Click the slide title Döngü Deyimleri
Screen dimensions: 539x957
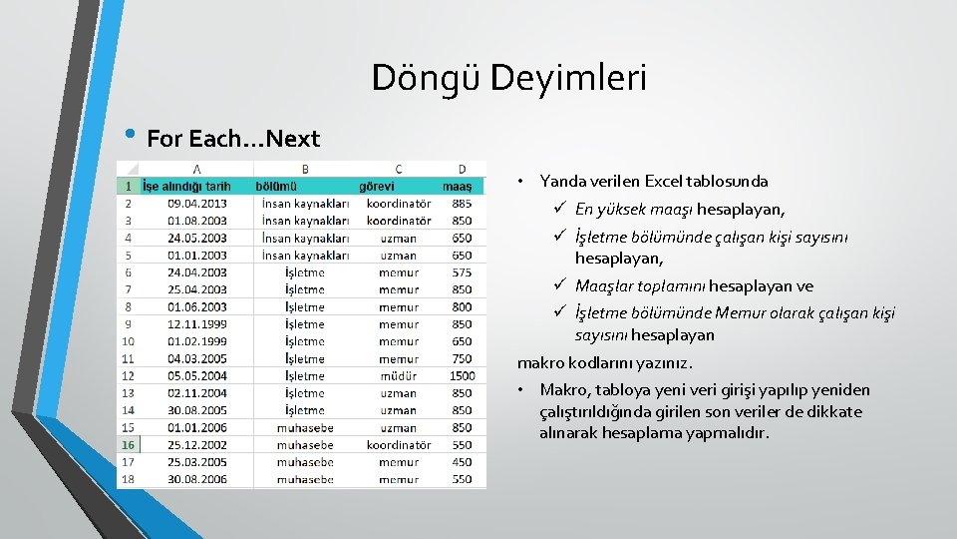508,78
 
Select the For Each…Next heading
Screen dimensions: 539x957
232,139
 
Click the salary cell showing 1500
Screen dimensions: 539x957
462,376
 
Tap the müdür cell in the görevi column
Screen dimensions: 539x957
398,376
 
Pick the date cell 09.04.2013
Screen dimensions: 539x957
197,204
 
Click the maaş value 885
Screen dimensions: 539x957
462,204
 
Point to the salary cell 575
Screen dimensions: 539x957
462,272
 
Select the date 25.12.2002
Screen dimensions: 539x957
197,445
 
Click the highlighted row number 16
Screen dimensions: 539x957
128,445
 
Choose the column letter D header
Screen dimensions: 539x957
462,169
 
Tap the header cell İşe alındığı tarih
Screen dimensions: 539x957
187,186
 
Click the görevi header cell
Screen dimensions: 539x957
377,186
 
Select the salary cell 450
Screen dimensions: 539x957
462,462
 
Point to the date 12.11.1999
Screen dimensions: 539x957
197,324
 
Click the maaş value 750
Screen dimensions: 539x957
462,359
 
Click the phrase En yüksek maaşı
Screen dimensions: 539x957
634,210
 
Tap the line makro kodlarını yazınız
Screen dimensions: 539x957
604,363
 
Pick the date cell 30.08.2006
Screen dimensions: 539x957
197,479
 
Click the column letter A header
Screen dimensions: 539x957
196,169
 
